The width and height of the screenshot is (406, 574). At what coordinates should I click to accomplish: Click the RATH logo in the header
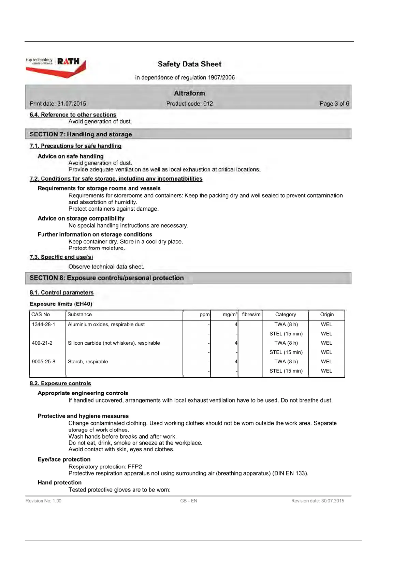(68, 62)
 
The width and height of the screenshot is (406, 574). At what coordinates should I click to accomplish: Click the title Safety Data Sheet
(189, 64)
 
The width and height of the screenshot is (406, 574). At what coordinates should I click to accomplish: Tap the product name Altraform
(189, 93)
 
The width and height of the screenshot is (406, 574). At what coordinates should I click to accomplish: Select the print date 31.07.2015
(72, 104)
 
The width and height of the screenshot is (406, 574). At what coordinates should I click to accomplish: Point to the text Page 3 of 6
(334, 104)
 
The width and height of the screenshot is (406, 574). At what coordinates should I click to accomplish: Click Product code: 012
(189, 104)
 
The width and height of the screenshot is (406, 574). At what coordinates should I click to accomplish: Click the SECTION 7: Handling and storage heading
(81, 134)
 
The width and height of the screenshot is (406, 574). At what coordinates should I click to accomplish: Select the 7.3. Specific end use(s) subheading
(61, 257)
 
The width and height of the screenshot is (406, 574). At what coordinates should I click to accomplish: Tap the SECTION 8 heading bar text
(106, 278)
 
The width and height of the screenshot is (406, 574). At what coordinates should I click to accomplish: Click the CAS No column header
(41, 314)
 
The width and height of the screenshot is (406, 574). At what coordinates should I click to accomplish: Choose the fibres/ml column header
(251, 314)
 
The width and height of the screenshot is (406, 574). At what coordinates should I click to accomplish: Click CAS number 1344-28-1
(43, 324)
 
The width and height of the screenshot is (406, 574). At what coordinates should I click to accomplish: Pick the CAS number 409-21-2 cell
(42, 343)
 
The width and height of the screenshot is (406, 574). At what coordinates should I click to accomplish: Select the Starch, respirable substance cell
(88, 361)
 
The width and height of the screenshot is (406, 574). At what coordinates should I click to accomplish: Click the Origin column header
(327, 314)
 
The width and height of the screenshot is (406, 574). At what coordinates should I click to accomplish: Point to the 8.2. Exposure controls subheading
(60, 383)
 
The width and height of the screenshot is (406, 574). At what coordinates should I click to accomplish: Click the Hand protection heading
(60, 482)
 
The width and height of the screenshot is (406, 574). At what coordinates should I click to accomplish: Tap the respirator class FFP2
(135, 467)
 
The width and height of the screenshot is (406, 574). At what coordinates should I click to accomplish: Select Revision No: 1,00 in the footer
(43, 501)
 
